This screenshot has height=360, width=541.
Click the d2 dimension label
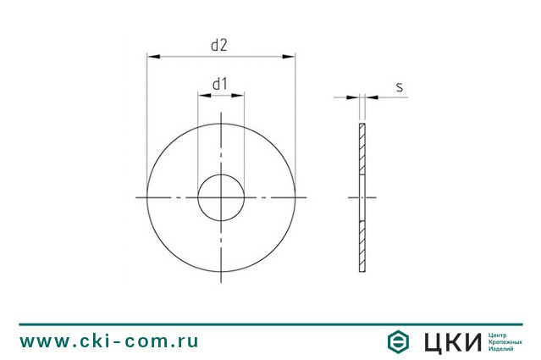tap(219, 45)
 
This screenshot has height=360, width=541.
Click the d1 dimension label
tap(220, 84)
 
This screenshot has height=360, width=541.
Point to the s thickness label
tap(400, 87)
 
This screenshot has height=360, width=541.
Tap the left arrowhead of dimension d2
tap(153, 56)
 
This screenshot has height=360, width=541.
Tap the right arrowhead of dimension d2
tap(289, 56)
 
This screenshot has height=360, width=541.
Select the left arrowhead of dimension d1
tap(204, 95)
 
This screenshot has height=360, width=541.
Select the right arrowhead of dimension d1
tap(238, 95)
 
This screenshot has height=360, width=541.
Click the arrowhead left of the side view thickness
tap(352, 97)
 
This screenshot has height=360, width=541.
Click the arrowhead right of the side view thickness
tap(372, 97)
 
